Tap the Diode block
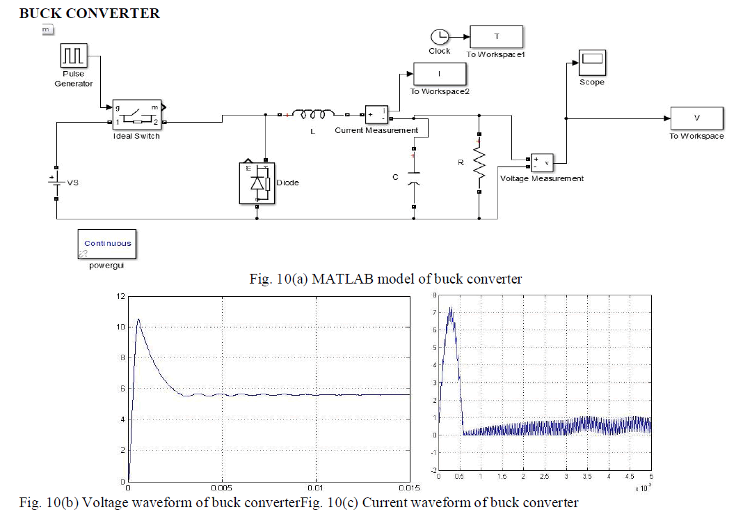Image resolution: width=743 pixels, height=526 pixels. pyautogui.click(x=257, y=183)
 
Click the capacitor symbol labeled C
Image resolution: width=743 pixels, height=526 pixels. pyautogui.click(x=414, y=177)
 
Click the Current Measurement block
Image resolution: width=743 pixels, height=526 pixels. pyautogui.click(x=376, y=115)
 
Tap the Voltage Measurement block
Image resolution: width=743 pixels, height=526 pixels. pyautogui.click(x=542, y=162)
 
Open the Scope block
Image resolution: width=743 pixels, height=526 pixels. pyautogui.click(x=592, y=63)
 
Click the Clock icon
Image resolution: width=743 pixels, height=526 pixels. pyautogui.click(x=439, y=37)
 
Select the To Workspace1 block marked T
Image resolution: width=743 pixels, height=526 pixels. pyautogui.click(x=497, y=38)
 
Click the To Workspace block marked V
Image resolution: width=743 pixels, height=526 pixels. pyautogui.click(x=696, y=118)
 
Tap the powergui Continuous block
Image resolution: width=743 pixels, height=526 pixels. pyautogui.click(x=107, y=244)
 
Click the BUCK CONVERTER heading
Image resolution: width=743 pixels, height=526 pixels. pyautogui.click(x=89, y=13)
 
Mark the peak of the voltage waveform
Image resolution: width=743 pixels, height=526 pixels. pyautogui.click(x=138, y=319)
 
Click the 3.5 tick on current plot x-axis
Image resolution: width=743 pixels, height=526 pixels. pyautogui.click(x=587, y=477)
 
